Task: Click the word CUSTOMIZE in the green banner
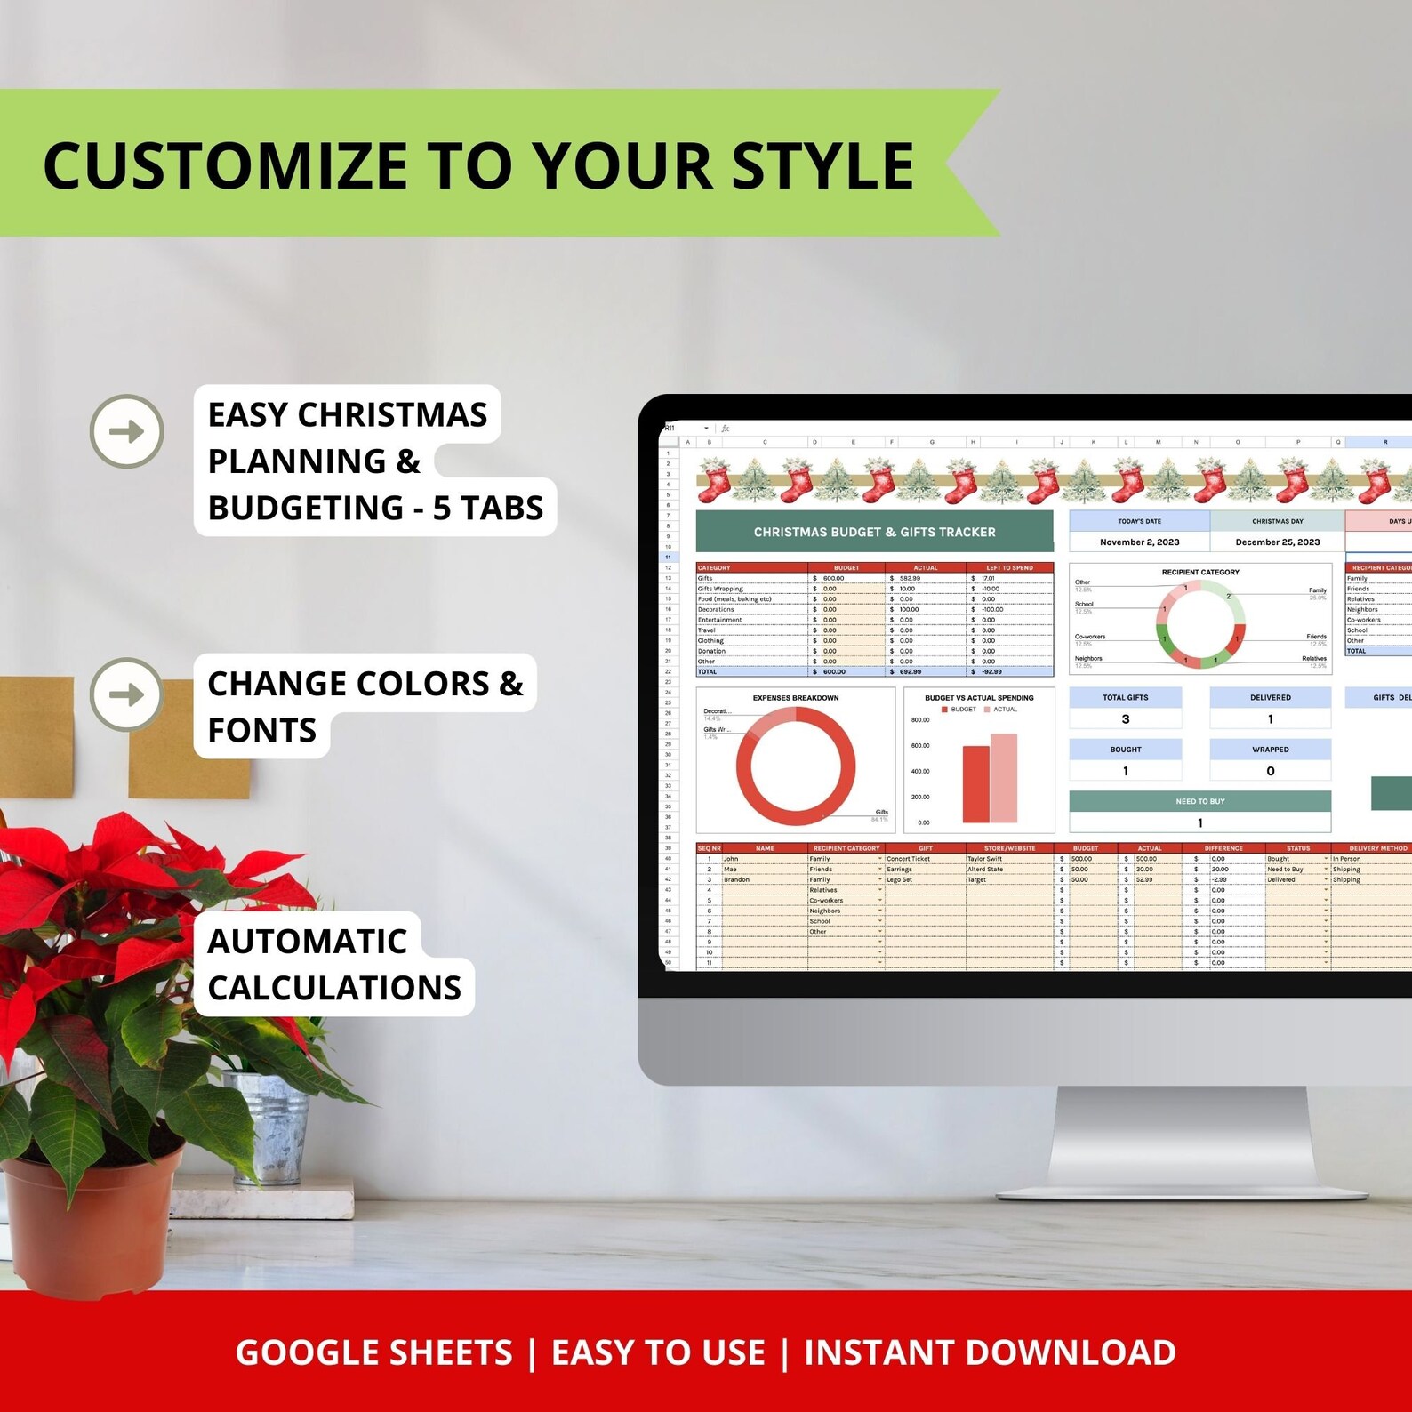click(x=223, y=166)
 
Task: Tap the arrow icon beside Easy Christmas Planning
click(x=127, y=431)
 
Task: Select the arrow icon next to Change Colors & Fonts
click(x=127, y=694)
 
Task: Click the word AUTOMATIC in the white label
click(x=307, y=941)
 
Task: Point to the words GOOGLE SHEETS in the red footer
click(x=373, y=1352)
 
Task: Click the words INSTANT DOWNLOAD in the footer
click(x=990, y=1352)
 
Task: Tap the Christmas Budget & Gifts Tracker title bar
click(x=874, y=532)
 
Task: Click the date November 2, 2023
click(x=1139, y=542)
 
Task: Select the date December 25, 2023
click(x=1277, y=542)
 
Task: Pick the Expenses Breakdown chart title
click(x=795, y=698)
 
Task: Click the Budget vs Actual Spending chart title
click(x=979, y=698)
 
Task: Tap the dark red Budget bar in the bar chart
click(x=975, y=784)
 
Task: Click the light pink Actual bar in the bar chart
click(x=1003, y=778)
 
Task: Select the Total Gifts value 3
click(x=1126, y=718)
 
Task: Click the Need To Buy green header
click(x=1199, y=801)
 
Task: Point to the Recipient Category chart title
click(x=1199, y=572)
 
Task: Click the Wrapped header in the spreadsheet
click(x=1270, y=750)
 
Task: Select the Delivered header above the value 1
click(x=1270, y=698)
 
